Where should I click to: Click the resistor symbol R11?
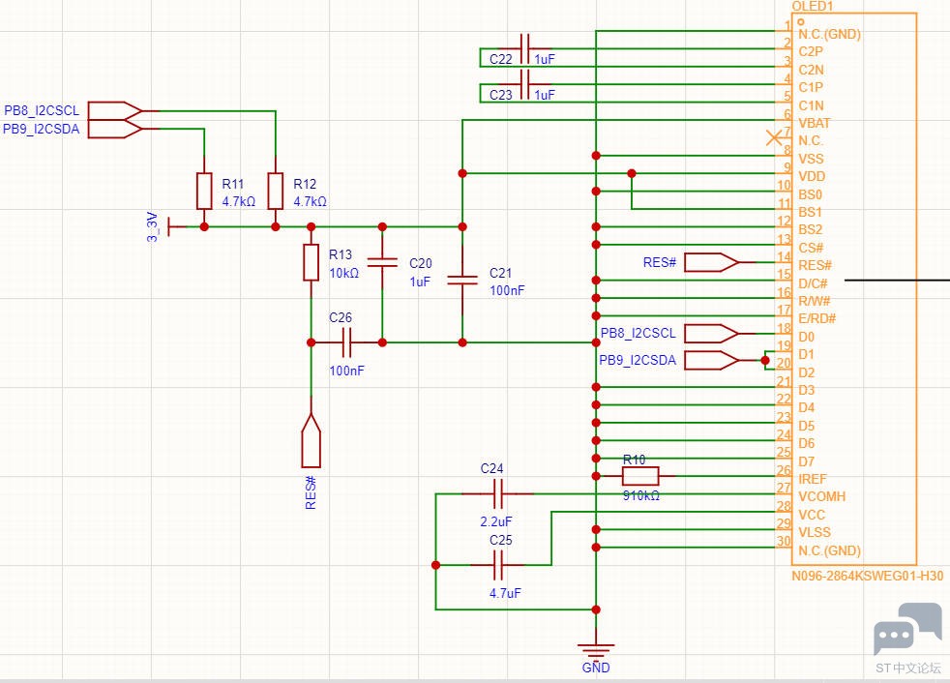204,191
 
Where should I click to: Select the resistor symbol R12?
276,191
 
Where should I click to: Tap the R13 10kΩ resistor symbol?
311,262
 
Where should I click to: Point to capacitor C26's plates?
346,341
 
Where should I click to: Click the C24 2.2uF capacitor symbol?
498,494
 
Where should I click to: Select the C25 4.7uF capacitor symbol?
499,565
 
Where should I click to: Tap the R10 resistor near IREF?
639,476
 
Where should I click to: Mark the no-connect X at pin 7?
774,139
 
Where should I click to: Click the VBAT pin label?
814,123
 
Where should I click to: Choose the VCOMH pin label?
821,496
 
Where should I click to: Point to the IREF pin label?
814,479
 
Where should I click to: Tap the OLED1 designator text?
814,6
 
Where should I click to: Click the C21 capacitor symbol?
462,281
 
